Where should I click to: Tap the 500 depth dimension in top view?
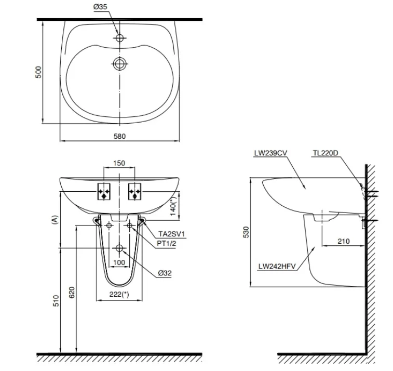[38, 72]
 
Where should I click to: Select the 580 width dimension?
[120, 136]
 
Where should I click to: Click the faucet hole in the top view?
[120, 38]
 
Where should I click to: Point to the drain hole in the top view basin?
[120, 63]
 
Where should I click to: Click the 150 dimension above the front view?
[119, 163]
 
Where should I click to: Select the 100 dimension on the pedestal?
[119, 262]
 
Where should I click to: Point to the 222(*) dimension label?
[119, 294]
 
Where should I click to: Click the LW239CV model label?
[270, 153]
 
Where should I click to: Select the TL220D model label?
[326, 153]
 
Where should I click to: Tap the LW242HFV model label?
[277, 266]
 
